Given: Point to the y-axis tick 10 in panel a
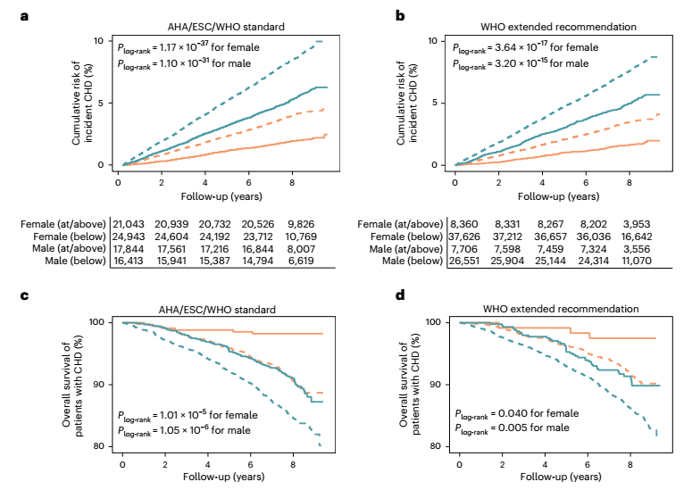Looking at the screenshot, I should click(x=104, y=41).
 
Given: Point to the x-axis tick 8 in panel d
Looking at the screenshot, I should click(x=630, y=466).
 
